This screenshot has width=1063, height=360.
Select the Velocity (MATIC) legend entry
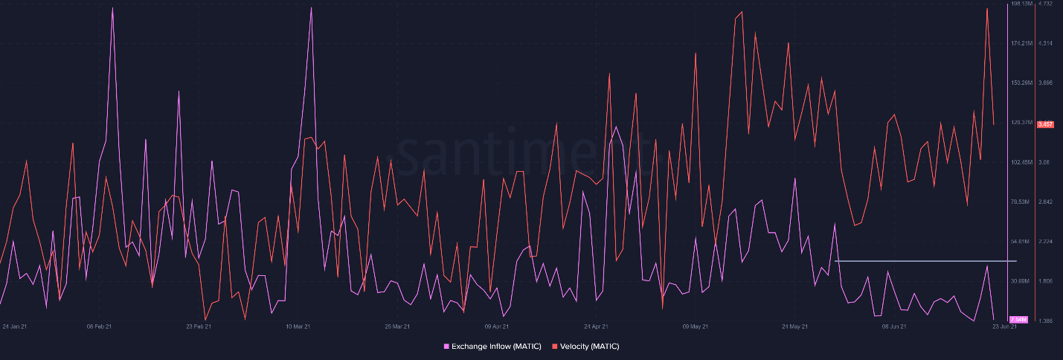(x=588, y=347)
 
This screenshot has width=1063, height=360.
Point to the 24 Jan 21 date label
(x=15, y=327)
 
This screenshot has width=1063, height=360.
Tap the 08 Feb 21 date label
(x=99, y=327)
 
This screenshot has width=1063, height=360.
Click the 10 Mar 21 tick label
(x=298, y=327)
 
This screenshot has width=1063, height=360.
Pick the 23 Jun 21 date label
(x=1004, y=327)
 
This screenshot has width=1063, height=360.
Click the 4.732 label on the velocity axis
(x=1045, y=4)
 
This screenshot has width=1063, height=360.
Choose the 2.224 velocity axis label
(x=1045, y=242)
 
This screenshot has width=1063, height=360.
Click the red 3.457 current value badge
(x=1044, y=123)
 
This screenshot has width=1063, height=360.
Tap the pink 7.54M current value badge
(x=1018, y=320)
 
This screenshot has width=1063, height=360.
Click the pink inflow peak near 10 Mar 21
(x=311, y=8)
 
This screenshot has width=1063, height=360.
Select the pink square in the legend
(x=446, y=347)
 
